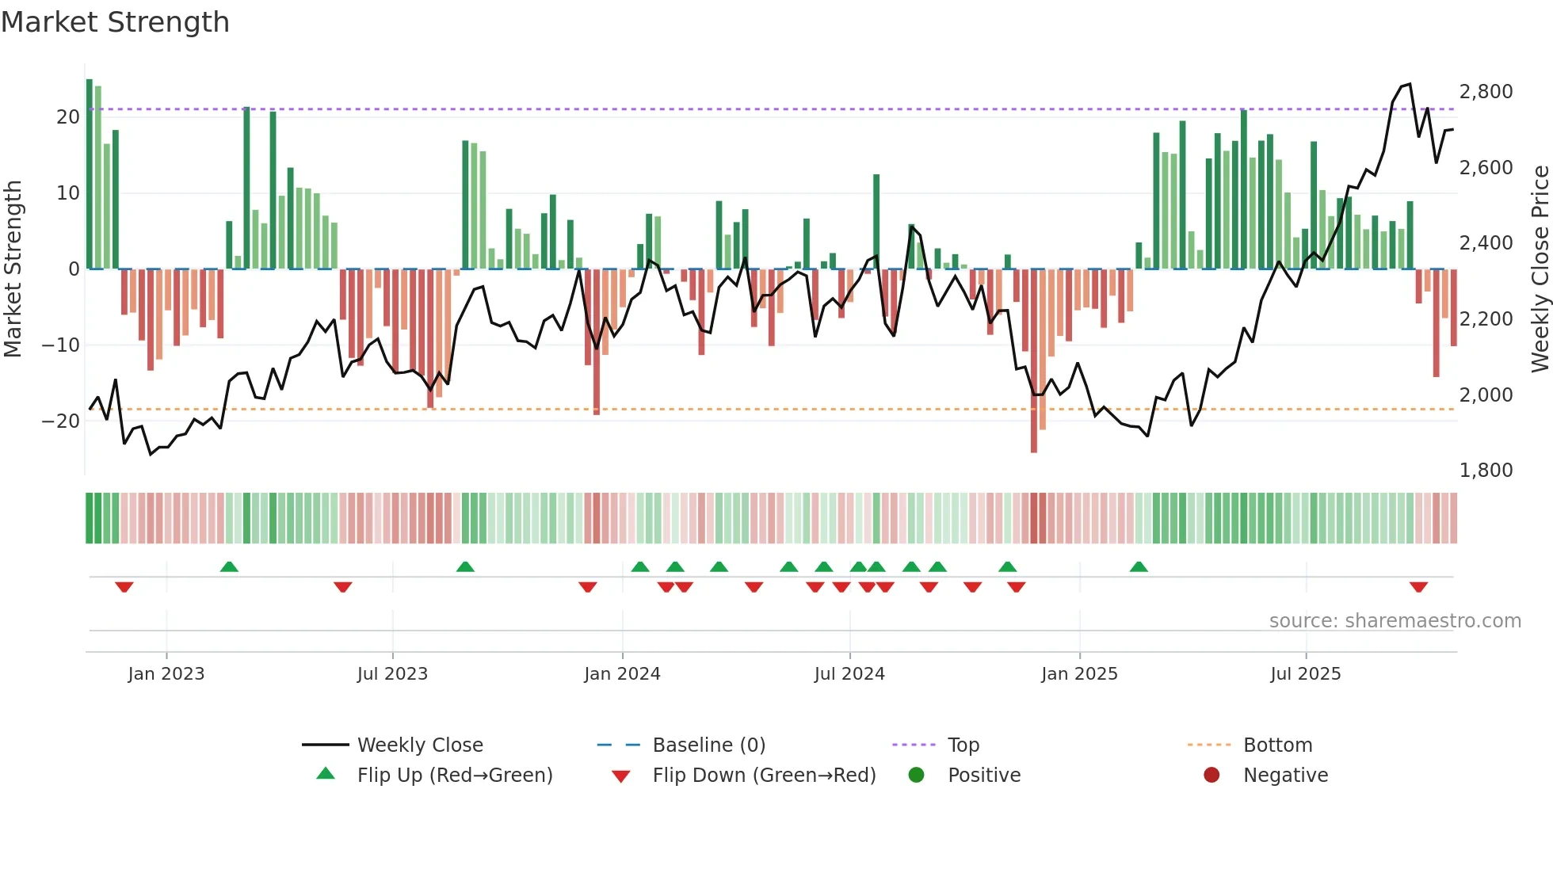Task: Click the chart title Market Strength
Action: pyautogui.click(x=115, y=22)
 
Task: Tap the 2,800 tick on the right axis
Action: pyautogui.click(x=1486, y=92)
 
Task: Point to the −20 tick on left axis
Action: pyautogui.click(x=61, y=421)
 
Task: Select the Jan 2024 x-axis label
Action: pyautogui.click(x=622, y=674)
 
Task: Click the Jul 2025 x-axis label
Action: pyautogui.click(x=1305, y=674)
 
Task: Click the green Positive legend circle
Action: pyautogui.click(x=916, y=776)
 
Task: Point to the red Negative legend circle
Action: pyautogui.click(x=1211, y=776)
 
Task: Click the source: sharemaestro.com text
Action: pyautogui.click(x=1395, y=621)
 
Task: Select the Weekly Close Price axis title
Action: pyautogui.click(x=1540, y=269)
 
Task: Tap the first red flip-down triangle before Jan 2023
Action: pyautogui.click(x=124, y=587)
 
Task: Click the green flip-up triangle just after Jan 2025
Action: pyautogui.click(x=1139, y=567)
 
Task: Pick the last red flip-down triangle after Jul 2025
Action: pyautogui.click(x=1418, y=587)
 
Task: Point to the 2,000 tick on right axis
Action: pyautogui.click(x=1486, y=395)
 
